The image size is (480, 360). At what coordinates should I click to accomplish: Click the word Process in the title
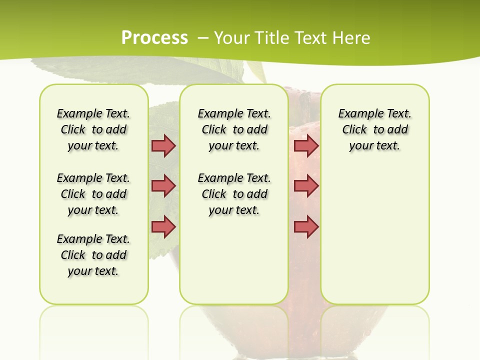[x=154, y=38]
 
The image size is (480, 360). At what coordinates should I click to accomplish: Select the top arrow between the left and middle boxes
[x=163, y=146]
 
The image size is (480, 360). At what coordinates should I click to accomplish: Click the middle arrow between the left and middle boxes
[x=163, y=186]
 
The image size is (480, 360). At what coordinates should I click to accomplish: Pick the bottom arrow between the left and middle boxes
[x=163, y=227]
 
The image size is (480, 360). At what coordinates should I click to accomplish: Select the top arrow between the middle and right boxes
[x=306, y=146]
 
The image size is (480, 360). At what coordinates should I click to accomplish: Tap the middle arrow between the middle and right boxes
[x=306, y=186]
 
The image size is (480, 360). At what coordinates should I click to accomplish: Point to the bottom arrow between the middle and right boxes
[x=306, y=227]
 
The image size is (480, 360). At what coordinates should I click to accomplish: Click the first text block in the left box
[x=93, y=129]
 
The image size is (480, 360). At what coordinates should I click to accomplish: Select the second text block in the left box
[x=93, y=194]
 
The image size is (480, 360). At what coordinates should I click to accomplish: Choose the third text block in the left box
[x=93, y=255]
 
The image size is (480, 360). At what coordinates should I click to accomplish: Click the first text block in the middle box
[x=234, y=129]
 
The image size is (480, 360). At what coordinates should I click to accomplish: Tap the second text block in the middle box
[x=234, y=194]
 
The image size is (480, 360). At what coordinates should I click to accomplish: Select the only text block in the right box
[x=374, y=129]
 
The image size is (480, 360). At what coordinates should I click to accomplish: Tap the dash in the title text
[x=203, y=38]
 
